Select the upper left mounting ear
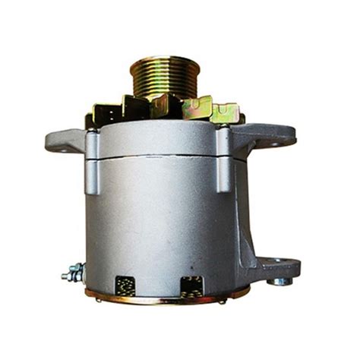(65, 140)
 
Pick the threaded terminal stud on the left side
(73, 270)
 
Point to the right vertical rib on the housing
(225, 159)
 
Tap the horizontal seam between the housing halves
(159, 157)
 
